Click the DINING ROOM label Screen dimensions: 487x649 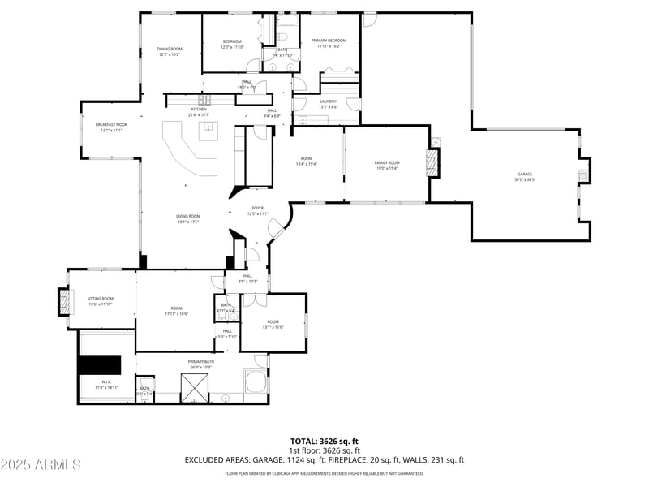point(170,50)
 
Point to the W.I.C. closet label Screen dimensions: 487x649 point(106,384)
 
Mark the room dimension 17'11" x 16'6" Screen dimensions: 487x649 point(176,314)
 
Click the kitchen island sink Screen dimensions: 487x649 point(208,128)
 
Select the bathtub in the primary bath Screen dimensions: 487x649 point(256,381)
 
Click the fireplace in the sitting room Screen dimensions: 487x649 point(63,301)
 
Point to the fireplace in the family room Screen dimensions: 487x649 point(434,163)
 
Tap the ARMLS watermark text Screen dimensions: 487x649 point(41,465)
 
